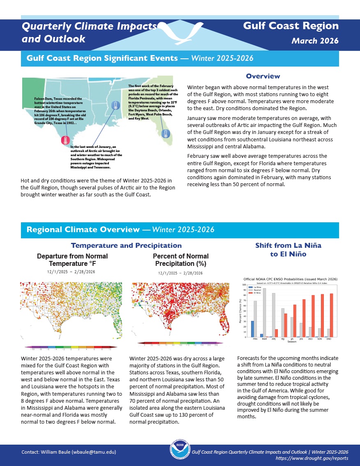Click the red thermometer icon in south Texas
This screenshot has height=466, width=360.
[x=65, y=140]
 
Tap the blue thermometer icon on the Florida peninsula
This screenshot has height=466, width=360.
[x=165, y=134]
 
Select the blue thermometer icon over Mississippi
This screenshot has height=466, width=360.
[x=115, y=106]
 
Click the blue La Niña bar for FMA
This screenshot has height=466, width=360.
[x=252, y=329]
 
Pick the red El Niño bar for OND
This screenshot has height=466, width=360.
[x=331, y=315]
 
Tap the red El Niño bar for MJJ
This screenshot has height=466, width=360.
[x=286, y=325]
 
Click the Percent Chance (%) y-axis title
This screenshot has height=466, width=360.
[x=240, y=311]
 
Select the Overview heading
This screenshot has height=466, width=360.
[x=263, y=76]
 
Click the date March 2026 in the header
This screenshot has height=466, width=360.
[x=315, y=41]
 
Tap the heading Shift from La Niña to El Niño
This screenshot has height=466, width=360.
[x=288, y=250]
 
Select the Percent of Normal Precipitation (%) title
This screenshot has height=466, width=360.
[x=180, y=260]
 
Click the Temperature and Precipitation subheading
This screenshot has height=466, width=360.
[x=126, y=245]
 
